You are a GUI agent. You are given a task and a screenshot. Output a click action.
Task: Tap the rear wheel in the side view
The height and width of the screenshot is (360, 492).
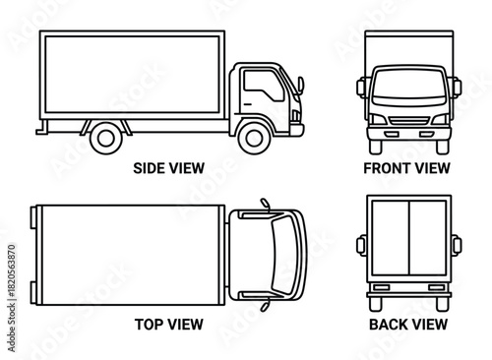point(105,136)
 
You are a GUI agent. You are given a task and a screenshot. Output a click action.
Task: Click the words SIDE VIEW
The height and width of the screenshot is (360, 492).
point(168,168)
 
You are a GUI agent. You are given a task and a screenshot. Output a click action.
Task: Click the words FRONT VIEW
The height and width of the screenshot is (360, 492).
point(406,168)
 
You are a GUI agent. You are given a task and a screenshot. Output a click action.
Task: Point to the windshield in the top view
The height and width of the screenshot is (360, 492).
point(285,254)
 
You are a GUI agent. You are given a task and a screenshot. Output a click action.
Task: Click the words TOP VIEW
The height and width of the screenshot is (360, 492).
point(168,322)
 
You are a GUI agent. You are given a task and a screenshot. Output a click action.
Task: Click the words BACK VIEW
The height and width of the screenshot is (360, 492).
point(407,322)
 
